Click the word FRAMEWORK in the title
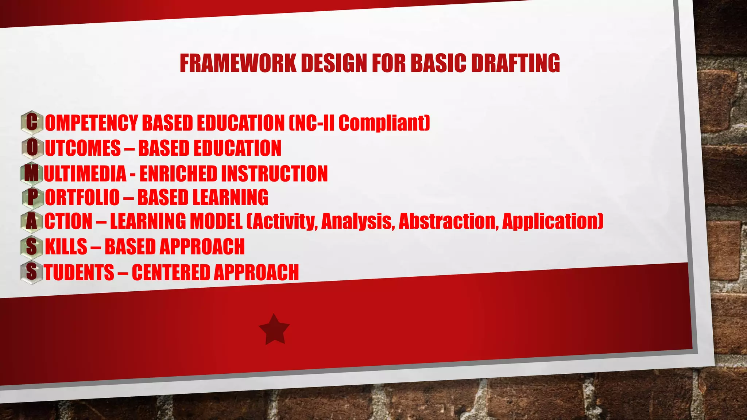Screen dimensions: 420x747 coord(238,63)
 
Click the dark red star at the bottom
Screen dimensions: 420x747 coord(274,329)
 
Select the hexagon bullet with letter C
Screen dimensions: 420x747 coord(32,122)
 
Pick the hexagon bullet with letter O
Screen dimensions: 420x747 coord(32,148)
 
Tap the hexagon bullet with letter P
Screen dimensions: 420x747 coord(32,197)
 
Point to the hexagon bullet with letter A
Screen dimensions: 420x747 coord(32,221)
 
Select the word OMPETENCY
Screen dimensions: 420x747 coord(91,123)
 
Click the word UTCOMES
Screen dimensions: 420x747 coord(83,148)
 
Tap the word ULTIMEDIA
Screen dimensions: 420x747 coord(85,173)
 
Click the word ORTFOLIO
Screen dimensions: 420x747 coord(82,197)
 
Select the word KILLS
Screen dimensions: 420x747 coord(66,246)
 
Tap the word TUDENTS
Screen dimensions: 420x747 coord(79,272)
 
